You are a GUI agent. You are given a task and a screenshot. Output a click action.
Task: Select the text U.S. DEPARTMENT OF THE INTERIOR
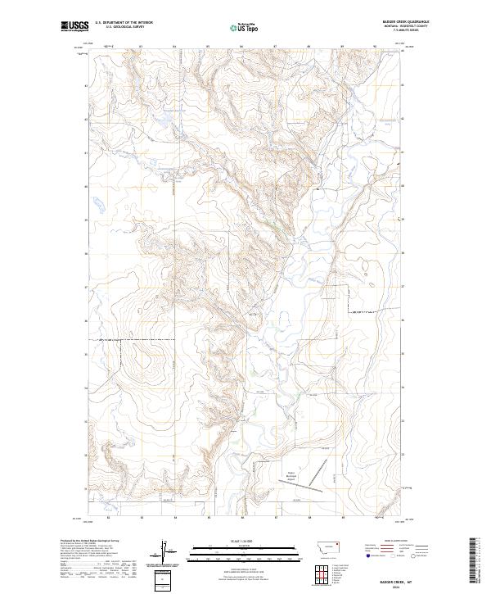pos(124,23)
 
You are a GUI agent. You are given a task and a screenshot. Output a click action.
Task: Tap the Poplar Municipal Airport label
pos(292,473)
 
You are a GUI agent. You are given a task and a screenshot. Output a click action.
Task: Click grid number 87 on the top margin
pos(276,47)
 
